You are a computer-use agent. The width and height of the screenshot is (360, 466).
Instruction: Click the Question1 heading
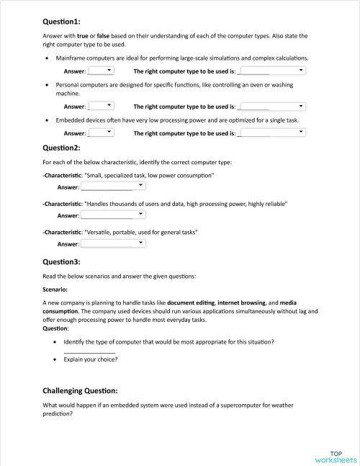[x=62, y=22]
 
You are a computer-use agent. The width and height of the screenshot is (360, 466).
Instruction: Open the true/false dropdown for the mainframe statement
[x=101, y=71]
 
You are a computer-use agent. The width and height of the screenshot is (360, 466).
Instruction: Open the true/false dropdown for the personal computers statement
[x=101, y=106]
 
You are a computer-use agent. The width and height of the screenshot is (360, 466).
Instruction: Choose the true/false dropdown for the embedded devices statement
[x=101, y=133]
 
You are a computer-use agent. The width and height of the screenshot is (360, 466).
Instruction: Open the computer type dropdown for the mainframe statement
[x=271, y=71]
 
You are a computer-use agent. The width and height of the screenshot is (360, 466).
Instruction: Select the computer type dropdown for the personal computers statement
[x=271, y=106]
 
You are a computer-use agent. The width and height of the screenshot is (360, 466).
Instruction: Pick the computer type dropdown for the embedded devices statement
[x=271, y=133]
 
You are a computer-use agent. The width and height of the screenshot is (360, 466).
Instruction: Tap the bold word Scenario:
[x=58, y=290]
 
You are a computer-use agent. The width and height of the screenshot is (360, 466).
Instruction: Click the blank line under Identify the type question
[x=90, y=350]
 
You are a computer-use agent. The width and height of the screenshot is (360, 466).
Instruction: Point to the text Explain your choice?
[x=91, y=359]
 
